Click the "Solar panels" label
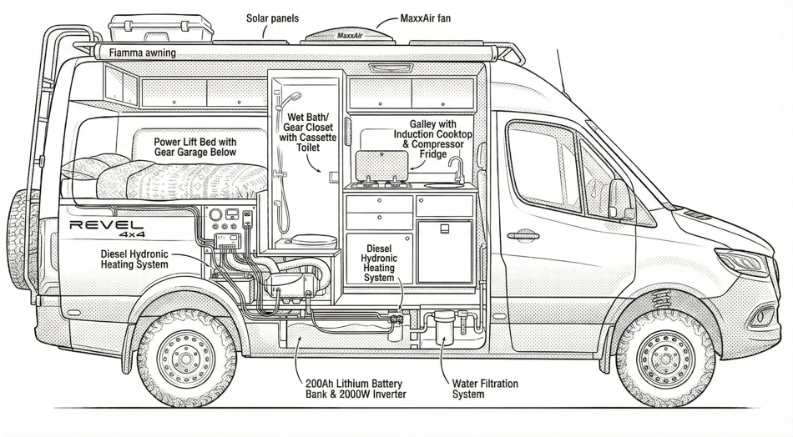272,18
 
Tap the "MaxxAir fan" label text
426,18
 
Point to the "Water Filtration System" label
485,389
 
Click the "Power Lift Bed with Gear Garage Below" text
195,148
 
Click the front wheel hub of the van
666,357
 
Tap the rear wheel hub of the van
186,357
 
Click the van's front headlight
742,261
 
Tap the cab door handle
523,236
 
